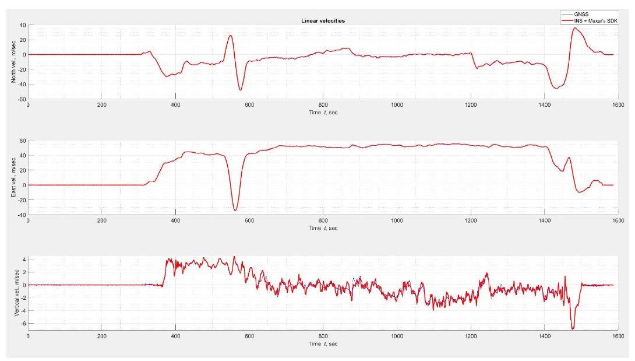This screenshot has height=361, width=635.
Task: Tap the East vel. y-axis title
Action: pyautogui.click(x=14, y=177)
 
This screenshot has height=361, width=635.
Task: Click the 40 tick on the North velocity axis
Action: pyautogui.click(x=22, y=25)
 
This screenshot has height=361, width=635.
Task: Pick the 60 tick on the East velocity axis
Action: pyautogui.click(x=22, y=141)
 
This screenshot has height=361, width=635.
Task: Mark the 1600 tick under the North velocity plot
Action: pyautogui.click(x=618, y=106)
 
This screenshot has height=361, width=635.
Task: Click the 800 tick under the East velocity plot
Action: pyautogui.click(x=323, y=220)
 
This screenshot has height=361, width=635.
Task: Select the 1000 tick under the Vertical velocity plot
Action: pyautogui.click(x=397, y=336)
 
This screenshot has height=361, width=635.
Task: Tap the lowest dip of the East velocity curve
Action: pyautogui.click(x=235, y=210)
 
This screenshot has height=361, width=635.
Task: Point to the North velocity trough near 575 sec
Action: pyautogui.click(x=240, y=90)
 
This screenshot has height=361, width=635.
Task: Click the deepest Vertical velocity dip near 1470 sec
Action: pyautogui.click(x=573, y=329)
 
